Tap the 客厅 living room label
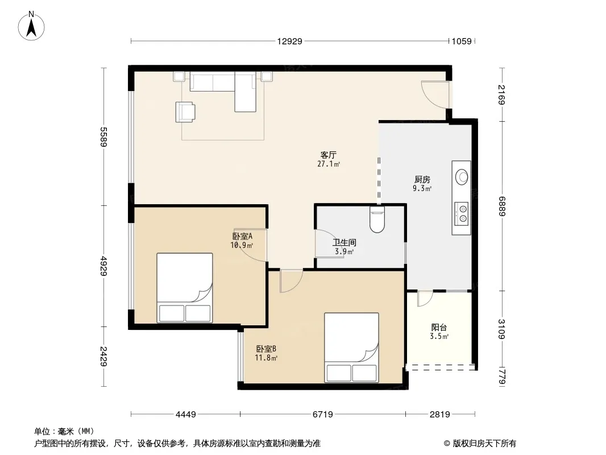coord(329,155)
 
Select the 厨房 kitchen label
coord(422,179)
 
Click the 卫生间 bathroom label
coord(344,242)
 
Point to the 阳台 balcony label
coord(439,328)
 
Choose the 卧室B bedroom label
coord(266,349)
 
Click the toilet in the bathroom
coord(377,220)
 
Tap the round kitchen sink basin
coord(462,177)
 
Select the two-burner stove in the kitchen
coord(462,214)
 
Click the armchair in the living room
coord(185,111)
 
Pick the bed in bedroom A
coord(185,288)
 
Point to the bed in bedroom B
coord(351,348)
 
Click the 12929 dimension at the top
coord(289,41)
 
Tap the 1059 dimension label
coord(462,41)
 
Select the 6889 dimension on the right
coord(501,206)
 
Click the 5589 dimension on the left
coord(103,136)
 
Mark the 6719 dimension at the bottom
coord(323,415)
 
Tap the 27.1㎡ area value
coord(329,164)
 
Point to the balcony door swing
coord(425,299)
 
